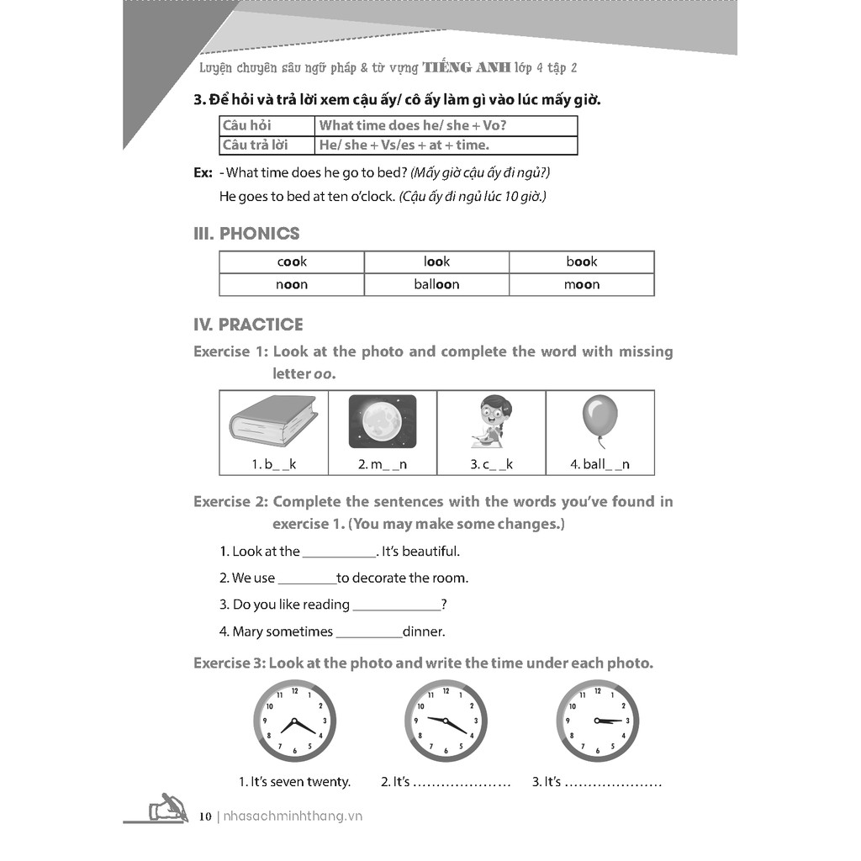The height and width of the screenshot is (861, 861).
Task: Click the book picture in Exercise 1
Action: coord(273,421)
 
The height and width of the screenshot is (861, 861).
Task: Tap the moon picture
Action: coord(382,421)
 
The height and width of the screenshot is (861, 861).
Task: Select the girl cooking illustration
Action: coord(490,421)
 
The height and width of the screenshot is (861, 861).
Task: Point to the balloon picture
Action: coord(600,421)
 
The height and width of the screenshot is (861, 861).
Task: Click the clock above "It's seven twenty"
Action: coord(294,721)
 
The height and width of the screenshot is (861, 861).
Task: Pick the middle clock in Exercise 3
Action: coord(446,721)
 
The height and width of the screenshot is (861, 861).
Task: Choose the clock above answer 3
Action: coord(597,721)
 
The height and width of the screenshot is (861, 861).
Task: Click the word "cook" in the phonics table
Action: coord(292,261)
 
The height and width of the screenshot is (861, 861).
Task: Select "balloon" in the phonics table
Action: coord(436,284)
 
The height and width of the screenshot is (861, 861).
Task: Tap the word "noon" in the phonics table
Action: coord(292,284)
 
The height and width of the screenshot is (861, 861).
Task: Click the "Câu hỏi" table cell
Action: coord(244,125)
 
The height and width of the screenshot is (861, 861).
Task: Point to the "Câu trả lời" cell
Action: coord(256,145)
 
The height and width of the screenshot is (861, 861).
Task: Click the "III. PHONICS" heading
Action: coord(246,234)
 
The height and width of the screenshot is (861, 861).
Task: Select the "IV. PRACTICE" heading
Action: coord(248,325)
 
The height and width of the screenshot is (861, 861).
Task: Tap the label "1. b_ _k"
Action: coord(274,464)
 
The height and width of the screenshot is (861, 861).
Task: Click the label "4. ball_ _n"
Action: coord(600,464)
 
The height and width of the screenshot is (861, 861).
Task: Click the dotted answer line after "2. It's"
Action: coord(462,783)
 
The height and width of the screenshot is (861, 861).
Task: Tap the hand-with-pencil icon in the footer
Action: coord(167,809)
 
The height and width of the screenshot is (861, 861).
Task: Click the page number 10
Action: coord(205,816)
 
